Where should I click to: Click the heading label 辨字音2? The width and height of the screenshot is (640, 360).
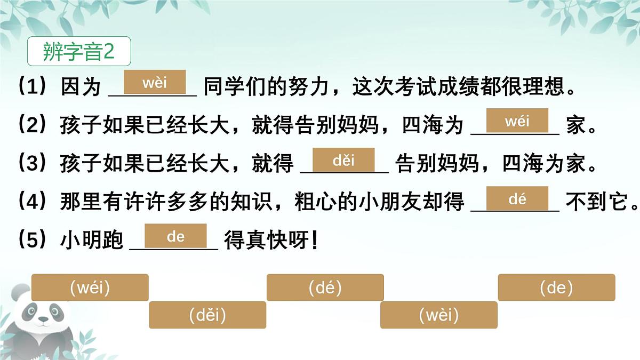[x=78, y=52]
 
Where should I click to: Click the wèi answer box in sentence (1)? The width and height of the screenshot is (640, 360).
[x=155, y=83]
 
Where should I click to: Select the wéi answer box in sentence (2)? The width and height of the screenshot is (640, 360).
[x=517, y=121]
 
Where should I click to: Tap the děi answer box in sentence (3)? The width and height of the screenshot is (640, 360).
[x=343, y=160]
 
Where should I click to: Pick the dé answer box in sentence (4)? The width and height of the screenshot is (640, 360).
[x=517, y=199]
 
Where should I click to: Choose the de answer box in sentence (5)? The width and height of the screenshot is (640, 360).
[x=175, y=236]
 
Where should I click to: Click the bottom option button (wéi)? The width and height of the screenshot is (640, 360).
[x=90, y=288]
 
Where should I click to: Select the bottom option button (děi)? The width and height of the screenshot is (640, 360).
[x=207, y=315]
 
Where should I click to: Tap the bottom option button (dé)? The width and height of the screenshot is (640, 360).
[x=325, y=288]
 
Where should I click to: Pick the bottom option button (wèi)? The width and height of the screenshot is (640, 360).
[x=438, y=315]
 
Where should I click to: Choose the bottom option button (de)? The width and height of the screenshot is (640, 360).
[x=556, y=288]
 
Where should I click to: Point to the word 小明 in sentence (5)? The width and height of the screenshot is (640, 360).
[x=81, y=241]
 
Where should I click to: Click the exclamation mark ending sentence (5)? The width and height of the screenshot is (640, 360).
[x=314, y=241]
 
